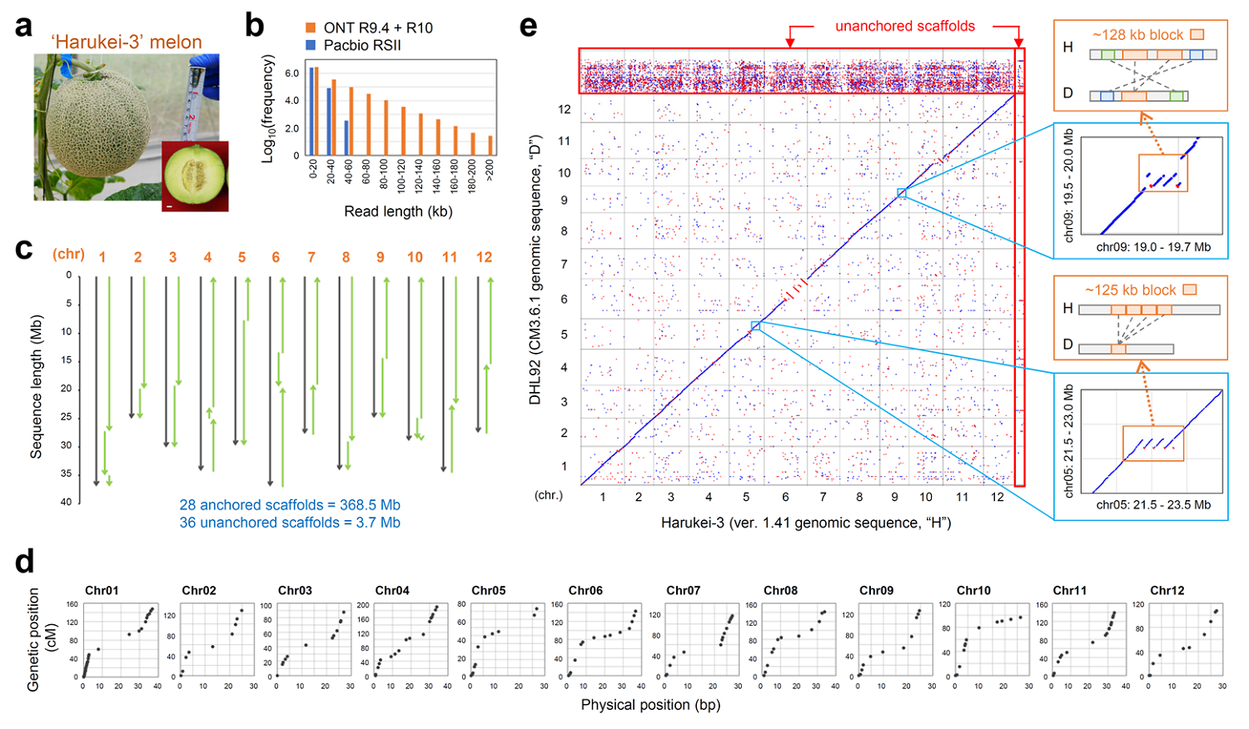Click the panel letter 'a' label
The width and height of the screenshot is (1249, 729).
point(24,27)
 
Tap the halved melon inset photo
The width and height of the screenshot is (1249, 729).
point(195,176)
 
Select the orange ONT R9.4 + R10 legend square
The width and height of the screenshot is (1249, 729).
point(311,28)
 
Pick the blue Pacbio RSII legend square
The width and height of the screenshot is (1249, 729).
point(311,45)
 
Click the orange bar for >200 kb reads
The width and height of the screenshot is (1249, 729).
point(490,146)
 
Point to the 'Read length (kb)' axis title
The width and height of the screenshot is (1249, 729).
point(398,211)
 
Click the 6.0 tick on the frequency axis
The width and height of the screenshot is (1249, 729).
point(291,73)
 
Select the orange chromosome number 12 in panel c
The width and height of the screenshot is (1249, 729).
point(484,257)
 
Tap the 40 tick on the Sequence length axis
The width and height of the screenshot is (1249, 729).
point(66,502)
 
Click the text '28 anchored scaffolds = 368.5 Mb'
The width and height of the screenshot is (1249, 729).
point(290,505)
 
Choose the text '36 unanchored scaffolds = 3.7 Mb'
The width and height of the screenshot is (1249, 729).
point(290,523)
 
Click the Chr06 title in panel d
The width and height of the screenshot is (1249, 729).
point(585,590)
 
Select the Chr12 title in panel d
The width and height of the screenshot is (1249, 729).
point(1167,590)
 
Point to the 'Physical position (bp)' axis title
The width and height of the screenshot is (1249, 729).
point(650,705)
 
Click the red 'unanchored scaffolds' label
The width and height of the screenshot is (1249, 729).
point(905,27)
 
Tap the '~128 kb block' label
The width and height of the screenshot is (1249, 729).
point(1137,35)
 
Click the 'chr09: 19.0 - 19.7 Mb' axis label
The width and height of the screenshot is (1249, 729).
point(1153,247)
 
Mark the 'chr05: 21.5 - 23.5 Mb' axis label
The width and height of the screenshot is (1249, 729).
point(1153,504)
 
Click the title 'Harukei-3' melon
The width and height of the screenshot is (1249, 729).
point(127,42)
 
